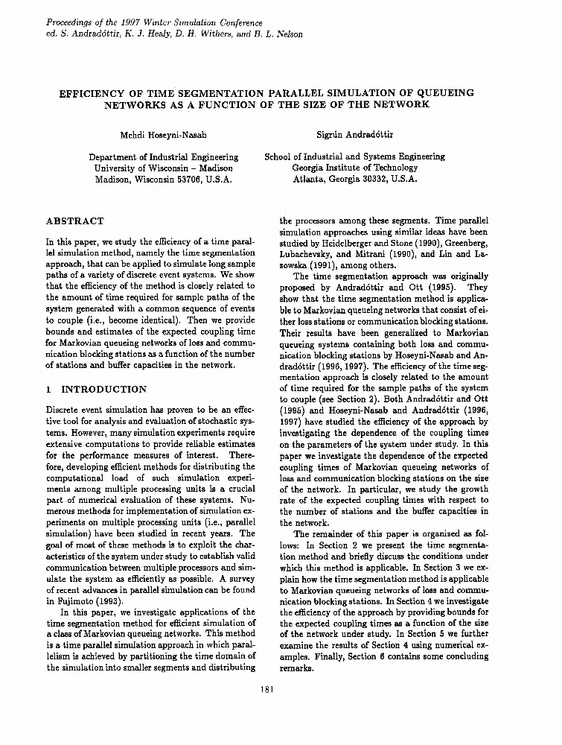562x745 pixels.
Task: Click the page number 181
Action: tap(269, 689)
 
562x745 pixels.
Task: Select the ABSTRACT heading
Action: tap(75, 221)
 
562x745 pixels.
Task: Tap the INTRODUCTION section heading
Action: tap(103, 389)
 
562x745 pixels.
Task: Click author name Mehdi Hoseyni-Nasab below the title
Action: tap(163, 134)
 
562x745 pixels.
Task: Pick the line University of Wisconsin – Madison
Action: tap(164, 168)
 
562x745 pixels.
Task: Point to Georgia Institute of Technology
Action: tap(355, 168)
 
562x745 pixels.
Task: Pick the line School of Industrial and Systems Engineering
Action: tap(355, 157)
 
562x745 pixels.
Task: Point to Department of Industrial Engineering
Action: tap(164, 157)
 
